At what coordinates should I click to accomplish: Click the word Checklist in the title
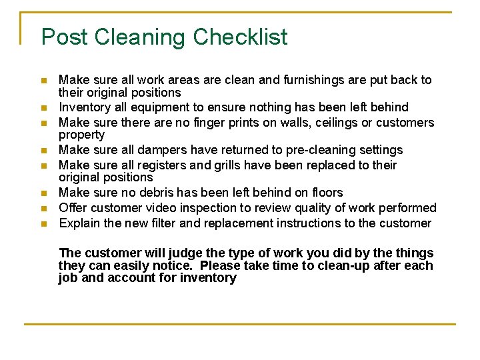pos(241,37)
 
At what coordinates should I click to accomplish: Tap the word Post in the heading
pos(65,37)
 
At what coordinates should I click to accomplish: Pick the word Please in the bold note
pos(221,265)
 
